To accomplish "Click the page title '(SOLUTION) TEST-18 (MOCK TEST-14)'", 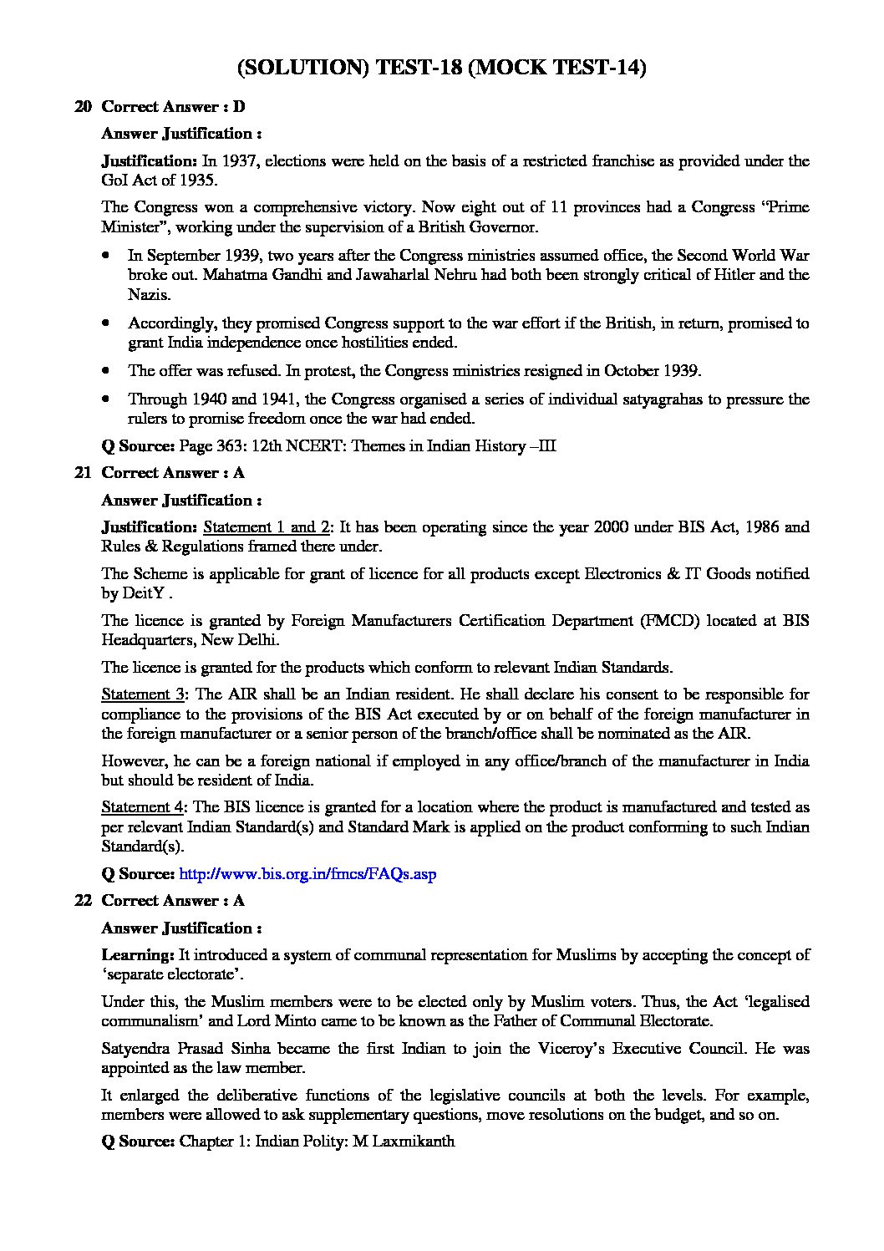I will pos(442,68).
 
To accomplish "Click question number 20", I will pos(83,107).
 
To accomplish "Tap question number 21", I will pos(83,473).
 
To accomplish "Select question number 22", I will pos(83,901).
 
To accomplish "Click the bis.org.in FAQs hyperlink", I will pos(307,874).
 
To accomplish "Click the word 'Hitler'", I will pos(744,275).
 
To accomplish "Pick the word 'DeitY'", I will pos(142,594).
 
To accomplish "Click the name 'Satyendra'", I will pos(136,1049).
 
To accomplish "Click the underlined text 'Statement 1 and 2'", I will pos(267,527).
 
